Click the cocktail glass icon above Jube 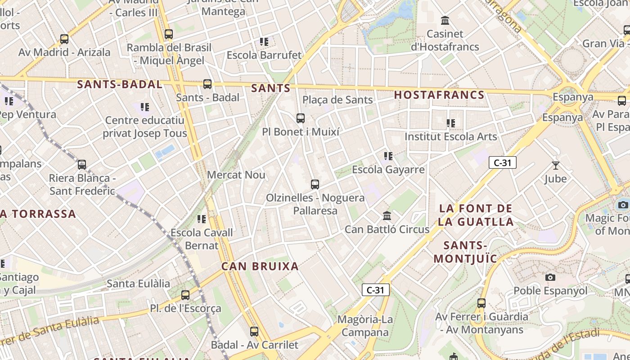pyautogui.click(x=556, y=166)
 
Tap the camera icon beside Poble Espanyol pyautogui.click(x=550, y=277)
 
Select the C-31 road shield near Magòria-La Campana pyautogui.click(x=375, y=290)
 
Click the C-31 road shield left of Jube pyautogui.click(x=502, y=162)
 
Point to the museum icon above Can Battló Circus pyautogui.click(x=387, y=216)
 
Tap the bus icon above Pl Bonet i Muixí pyautogui.click(x=301, y=118)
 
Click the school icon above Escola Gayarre pyautogui.click(x=388, y=156)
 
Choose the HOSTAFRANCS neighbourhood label pyautogui.click(x=439, y=95)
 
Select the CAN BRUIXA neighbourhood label pyautogui.click(x=260, y=266)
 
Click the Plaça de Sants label pyautogui.click(x=337, y=100)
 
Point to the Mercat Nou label pyautogui.click(x=236, y=175)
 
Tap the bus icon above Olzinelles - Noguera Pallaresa pyautogui.click(x=315, y=184)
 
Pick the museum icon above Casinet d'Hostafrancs pyautogui.click(x=445, y=20)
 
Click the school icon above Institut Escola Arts pyautogui.click(x=450, y=123)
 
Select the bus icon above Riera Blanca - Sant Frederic pyautogui.click(x=82, y=165)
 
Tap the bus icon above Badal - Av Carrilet pyautogui.click(x=254, y=332)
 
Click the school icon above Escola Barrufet pyautogui.click(x=264, y=42)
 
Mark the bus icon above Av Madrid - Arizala pyautogui.click(x=64, y=39)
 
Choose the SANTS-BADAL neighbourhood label pyautogui.click(x=119, y=84)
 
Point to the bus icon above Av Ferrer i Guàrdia pyautogui.click(x=481, y=303)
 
